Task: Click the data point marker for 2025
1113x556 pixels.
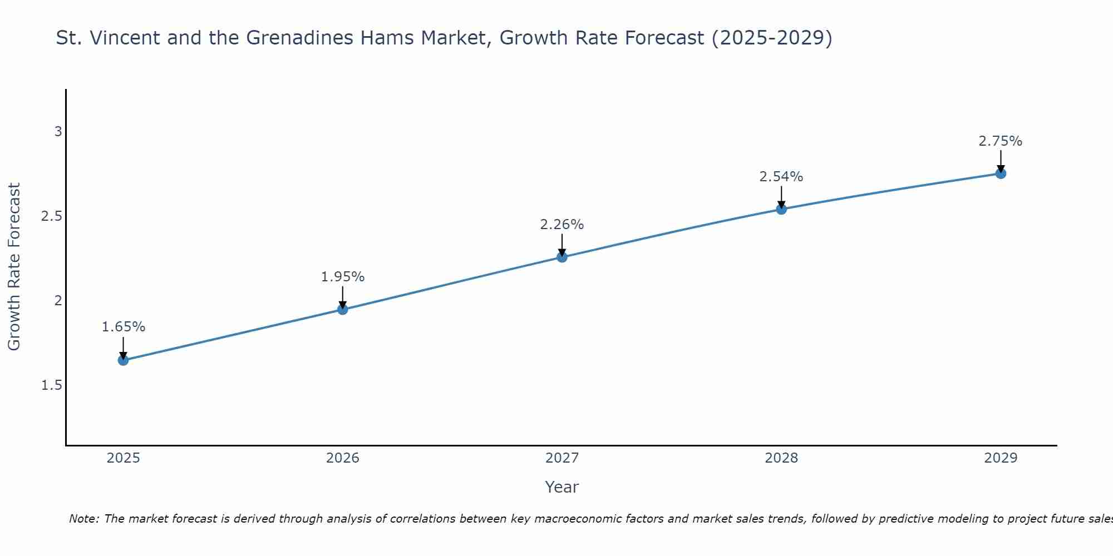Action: tap(123, 360)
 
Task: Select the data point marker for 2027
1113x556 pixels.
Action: tap(562, 257)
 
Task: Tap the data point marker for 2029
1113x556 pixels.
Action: tap(1001, 173)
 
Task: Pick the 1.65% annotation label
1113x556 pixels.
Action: tap(123, 327)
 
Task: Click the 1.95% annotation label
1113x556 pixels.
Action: tap(343, 277)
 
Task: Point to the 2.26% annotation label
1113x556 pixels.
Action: tap(562, 225)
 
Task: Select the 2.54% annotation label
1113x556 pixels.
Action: tap(781, 177)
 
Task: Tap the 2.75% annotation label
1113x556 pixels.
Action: tap(1001, 141)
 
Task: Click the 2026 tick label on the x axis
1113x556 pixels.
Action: tap(343, 458)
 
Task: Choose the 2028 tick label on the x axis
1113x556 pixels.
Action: tap(781, 458)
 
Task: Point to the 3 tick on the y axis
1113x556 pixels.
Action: tap(58, 132)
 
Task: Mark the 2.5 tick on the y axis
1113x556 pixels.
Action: tap(52, 216)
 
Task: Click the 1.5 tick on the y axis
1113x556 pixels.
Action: tap(52, 385)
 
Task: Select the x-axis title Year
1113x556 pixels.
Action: tap(562, 487)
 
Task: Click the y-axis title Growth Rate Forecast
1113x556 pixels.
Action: tap(14, 267)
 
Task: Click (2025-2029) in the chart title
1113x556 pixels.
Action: tap(772, 38)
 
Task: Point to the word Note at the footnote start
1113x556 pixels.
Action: tap(83, 519)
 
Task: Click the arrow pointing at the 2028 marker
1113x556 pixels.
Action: tap(781, 197)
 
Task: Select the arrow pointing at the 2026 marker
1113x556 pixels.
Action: tap(343, 297)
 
